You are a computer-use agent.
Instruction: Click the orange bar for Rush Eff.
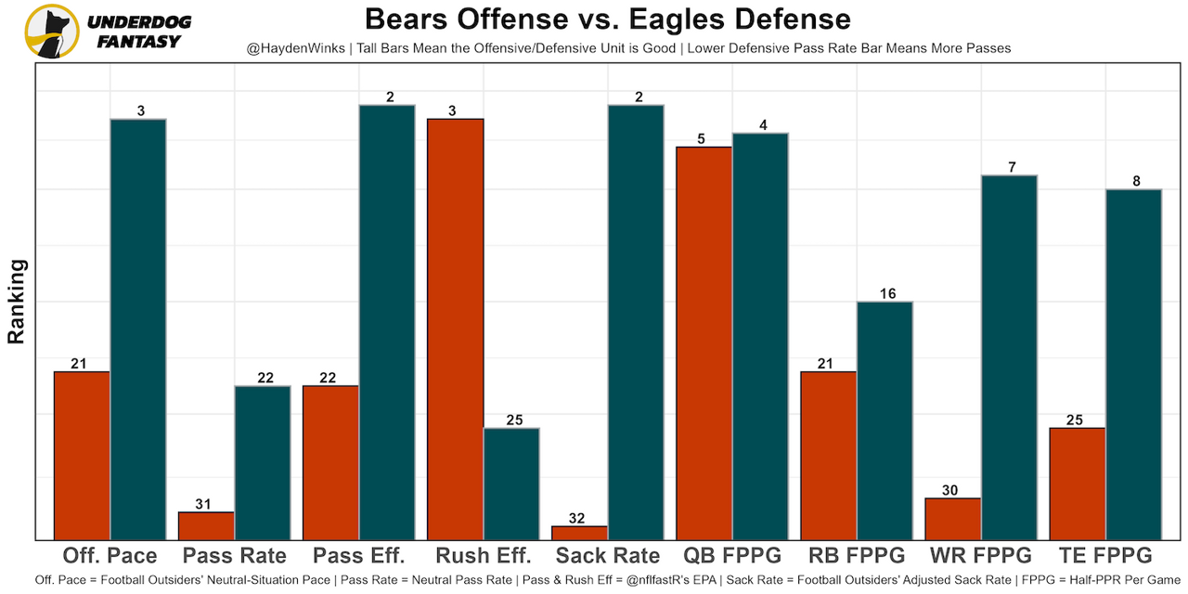point(455,329)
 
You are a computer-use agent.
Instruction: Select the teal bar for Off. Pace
point(137,329)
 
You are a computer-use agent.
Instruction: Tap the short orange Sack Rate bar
point(579,533)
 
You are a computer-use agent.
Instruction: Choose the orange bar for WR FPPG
point(952,519)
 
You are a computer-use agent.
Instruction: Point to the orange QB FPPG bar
point(704,342)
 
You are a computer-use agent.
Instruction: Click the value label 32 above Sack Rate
point(577,518)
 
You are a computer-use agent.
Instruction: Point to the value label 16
point(887,293)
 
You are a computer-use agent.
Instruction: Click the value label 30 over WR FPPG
point(949,490)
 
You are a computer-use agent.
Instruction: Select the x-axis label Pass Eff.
point(358,556)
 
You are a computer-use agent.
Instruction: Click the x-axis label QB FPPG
point(732,556)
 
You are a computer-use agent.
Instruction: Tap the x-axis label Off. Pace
point(110,556)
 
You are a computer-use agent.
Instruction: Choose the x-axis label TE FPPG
point(1104,556)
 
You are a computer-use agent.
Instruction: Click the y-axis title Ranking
point(17,302)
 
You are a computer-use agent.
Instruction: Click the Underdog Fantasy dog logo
point(52,31)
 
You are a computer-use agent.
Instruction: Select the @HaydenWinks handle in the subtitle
point(292,48)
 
